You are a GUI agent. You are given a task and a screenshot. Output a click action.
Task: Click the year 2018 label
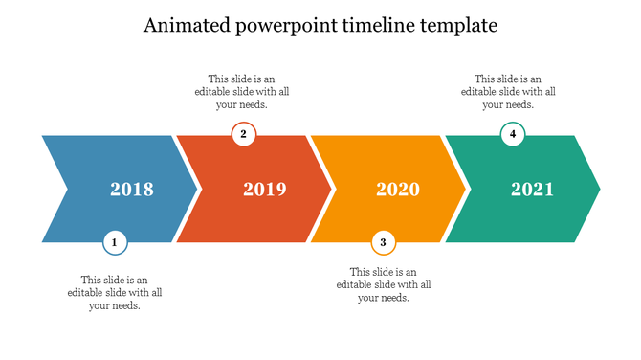[x=132, y=190]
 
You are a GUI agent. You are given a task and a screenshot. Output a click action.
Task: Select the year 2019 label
[x=265, y=190]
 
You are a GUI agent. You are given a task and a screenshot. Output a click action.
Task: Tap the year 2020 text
[x=398, y=190]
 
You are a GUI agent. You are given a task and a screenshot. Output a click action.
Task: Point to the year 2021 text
[x=532, y=190]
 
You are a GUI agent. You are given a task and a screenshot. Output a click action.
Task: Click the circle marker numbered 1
[x=115, y=243]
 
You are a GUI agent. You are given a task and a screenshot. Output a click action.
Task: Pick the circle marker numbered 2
[x=244, y=134]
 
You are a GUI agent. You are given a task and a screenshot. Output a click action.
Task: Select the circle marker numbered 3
[x=383, y=243]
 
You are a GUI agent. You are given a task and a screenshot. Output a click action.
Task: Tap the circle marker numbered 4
[x=514, y=134]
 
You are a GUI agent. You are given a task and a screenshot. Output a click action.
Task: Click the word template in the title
[x=457, y=26]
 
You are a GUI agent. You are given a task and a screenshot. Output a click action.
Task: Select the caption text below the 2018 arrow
[x=115, y=292]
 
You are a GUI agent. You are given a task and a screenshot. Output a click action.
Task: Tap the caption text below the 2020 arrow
[x=384, y=284]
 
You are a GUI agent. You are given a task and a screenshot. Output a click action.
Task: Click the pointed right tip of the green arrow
[x=598, y=189]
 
